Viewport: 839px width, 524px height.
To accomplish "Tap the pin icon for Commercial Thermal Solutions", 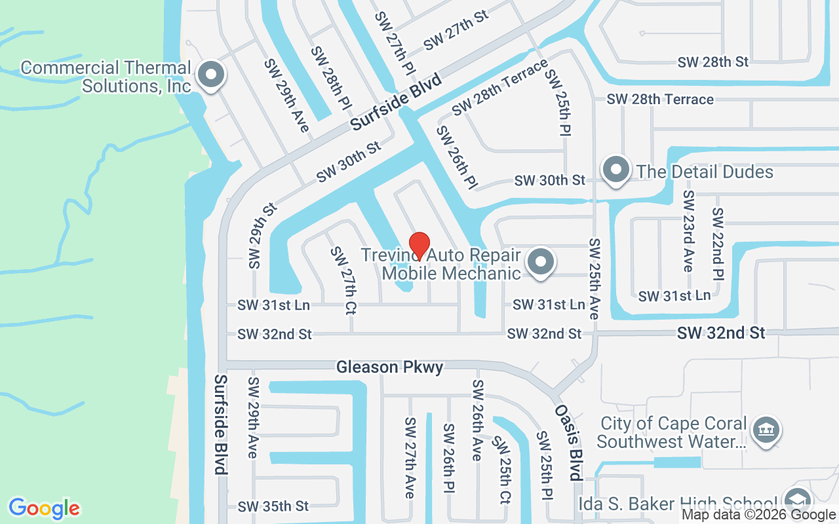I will point(210,75).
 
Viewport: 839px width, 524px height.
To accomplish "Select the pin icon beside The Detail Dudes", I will point(615,170).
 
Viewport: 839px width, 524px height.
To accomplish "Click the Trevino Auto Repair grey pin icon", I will point(541,262).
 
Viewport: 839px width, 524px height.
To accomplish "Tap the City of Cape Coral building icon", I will point(765,431).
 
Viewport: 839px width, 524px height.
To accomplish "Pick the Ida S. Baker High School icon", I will point(796,502).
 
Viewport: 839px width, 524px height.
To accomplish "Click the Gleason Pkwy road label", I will point(389,367).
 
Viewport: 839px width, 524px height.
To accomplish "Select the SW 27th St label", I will point(456,31).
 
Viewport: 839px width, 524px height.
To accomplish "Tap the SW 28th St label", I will point(713,62).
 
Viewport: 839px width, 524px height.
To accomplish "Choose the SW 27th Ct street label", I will point(343,280).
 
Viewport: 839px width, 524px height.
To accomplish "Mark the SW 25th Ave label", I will point(595,278).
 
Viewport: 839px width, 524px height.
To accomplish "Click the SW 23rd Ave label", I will point(688,231).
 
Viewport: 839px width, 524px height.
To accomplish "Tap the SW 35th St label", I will point(273,506).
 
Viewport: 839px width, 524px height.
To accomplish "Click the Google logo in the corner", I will point(44,508).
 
